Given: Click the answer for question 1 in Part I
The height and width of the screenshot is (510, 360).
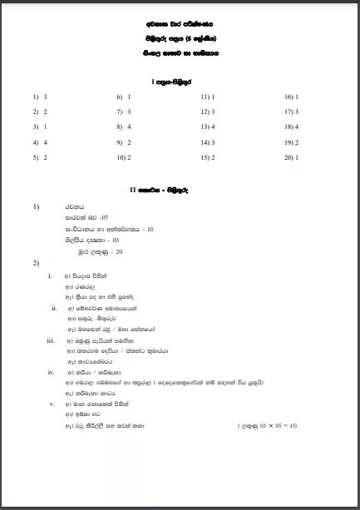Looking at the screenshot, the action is (45, 97).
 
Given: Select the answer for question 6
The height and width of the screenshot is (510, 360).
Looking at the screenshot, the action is (131, 97).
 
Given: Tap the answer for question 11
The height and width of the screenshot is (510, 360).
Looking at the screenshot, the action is (215, 97).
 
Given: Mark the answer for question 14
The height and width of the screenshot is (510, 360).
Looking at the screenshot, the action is (215, 141).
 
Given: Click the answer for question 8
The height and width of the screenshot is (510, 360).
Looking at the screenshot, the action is (131, 126).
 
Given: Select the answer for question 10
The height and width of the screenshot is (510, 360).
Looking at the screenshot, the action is (131, 156).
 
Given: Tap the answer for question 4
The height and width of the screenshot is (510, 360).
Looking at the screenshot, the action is (45, 141).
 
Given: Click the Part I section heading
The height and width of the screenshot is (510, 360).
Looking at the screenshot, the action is (180, 81).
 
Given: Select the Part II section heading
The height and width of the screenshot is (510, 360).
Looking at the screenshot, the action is (180, 191).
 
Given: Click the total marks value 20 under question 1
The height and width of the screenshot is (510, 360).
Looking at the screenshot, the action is (120, 250).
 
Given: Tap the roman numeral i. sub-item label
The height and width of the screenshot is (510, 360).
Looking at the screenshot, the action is (51, 275).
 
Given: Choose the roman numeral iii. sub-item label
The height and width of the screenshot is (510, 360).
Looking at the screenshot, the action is (52, 340).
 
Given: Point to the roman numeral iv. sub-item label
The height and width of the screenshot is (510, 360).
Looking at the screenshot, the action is (52, 372).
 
